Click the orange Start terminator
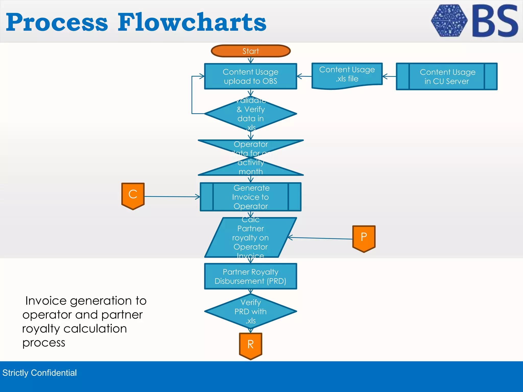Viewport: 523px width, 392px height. (x=251, y=51)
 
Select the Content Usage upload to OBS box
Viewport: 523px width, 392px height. (x=251, y=76)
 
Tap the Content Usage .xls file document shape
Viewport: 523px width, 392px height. (x=347, y=75)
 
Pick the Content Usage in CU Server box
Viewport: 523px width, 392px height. (x=447, y=76)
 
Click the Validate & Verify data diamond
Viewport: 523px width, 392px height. (x=251, y=114)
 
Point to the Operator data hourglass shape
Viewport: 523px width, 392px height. (x=251, y=158)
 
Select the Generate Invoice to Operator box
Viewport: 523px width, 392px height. (x=251, y=197)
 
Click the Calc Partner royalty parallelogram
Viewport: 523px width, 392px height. (x=251, y=237)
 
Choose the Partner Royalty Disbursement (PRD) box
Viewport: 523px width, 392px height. (x=251, y=276)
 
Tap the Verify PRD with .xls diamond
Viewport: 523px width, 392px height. (x=251, y=311)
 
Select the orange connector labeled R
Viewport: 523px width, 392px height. (x=251, y=345)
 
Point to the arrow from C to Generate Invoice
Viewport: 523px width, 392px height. (x=171, y=197)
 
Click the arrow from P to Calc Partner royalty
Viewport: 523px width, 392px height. (x=320, y=238)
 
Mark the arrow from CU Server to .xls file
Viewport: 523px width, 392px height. (x=389, y=76)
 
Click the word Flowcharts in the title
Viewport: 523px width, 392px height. (x=192, y=22)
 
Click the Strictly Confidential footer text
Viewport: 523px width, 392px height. (x=40, y=373)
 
